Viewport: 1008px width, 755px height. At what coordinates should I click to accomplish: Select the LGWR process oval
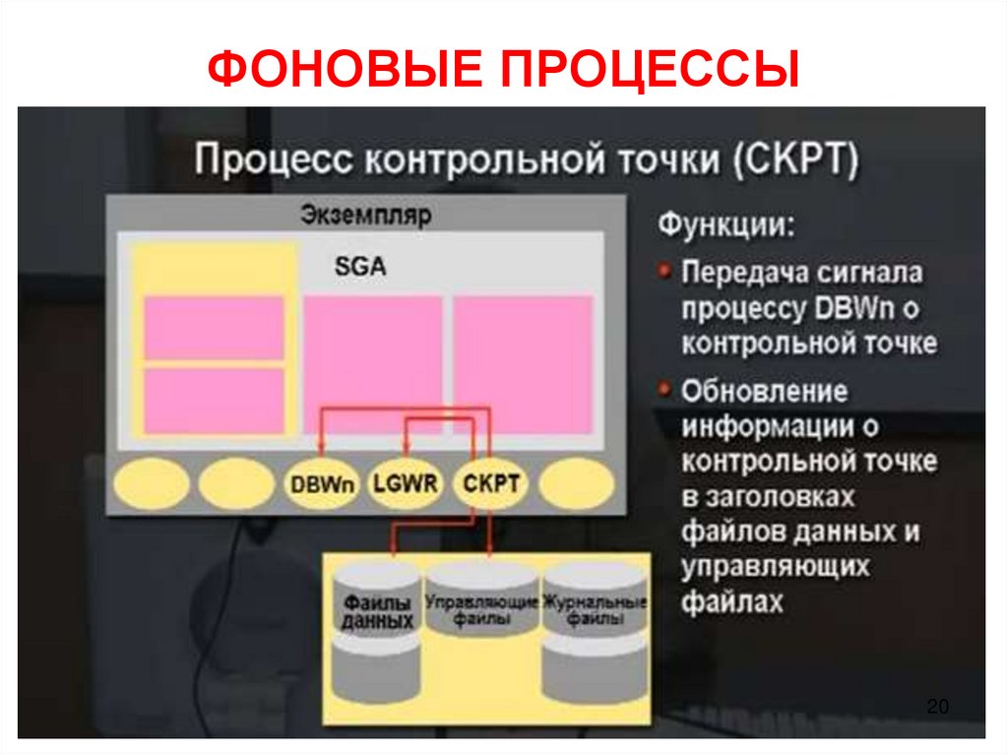point(406,484)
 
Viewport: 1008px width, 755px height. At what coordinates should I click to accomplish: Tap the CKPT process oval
point(491,484)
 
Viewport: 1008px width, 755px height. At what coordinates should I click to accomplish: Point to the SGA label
point(361,266)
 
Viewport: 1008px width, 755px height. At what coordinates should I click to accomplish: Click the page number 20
point(936,707)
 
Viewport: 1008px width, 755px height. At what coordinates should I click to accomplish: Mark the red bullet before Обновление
point(666,389)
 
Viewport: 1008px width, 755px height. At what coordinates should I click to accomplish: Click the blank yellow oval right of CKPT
point(577,484)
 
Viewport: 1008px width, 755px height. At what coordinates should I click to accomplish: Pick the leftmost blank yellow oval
point(151,484)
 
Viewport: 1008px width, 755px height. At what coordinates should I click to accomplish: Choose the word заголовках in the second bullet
point(768,495)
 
